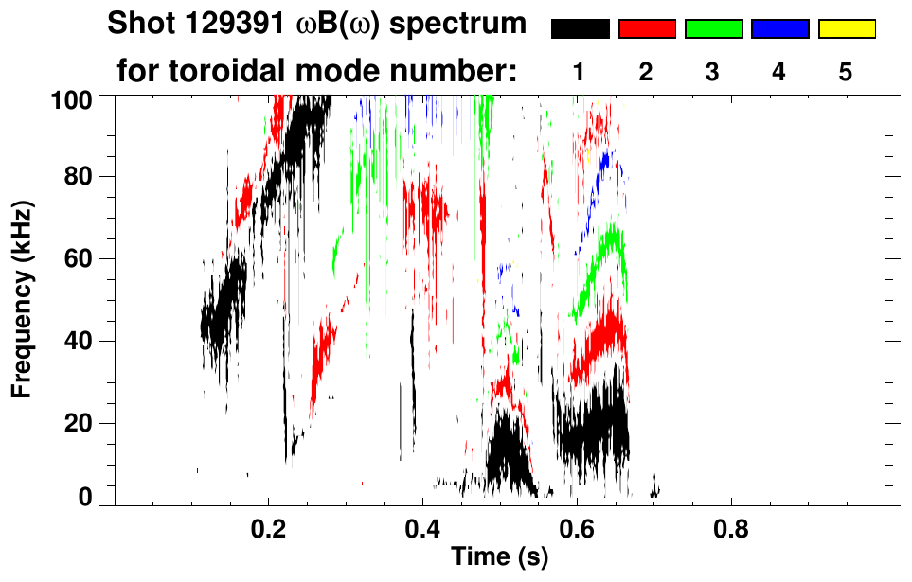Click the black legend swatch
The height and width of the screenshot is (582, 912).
[581, 29]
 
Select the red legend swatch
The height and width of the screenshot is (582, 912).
[647, 29]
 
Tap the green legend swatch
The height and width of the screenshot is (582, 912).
[713, 29]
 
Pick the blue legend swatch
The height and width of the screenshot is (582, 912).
[779, 29]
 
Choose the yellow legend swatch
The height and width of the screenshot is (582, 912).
[846, 29]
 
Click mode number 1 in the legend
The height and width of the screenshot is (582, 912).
[580, 72]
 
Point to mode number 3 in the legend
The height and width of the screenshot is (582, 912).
[712, 72]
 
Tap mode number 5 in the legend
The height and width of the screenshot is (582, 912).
[846, 72]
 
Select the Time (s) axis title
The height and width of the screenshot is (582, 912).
[499, 558]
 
